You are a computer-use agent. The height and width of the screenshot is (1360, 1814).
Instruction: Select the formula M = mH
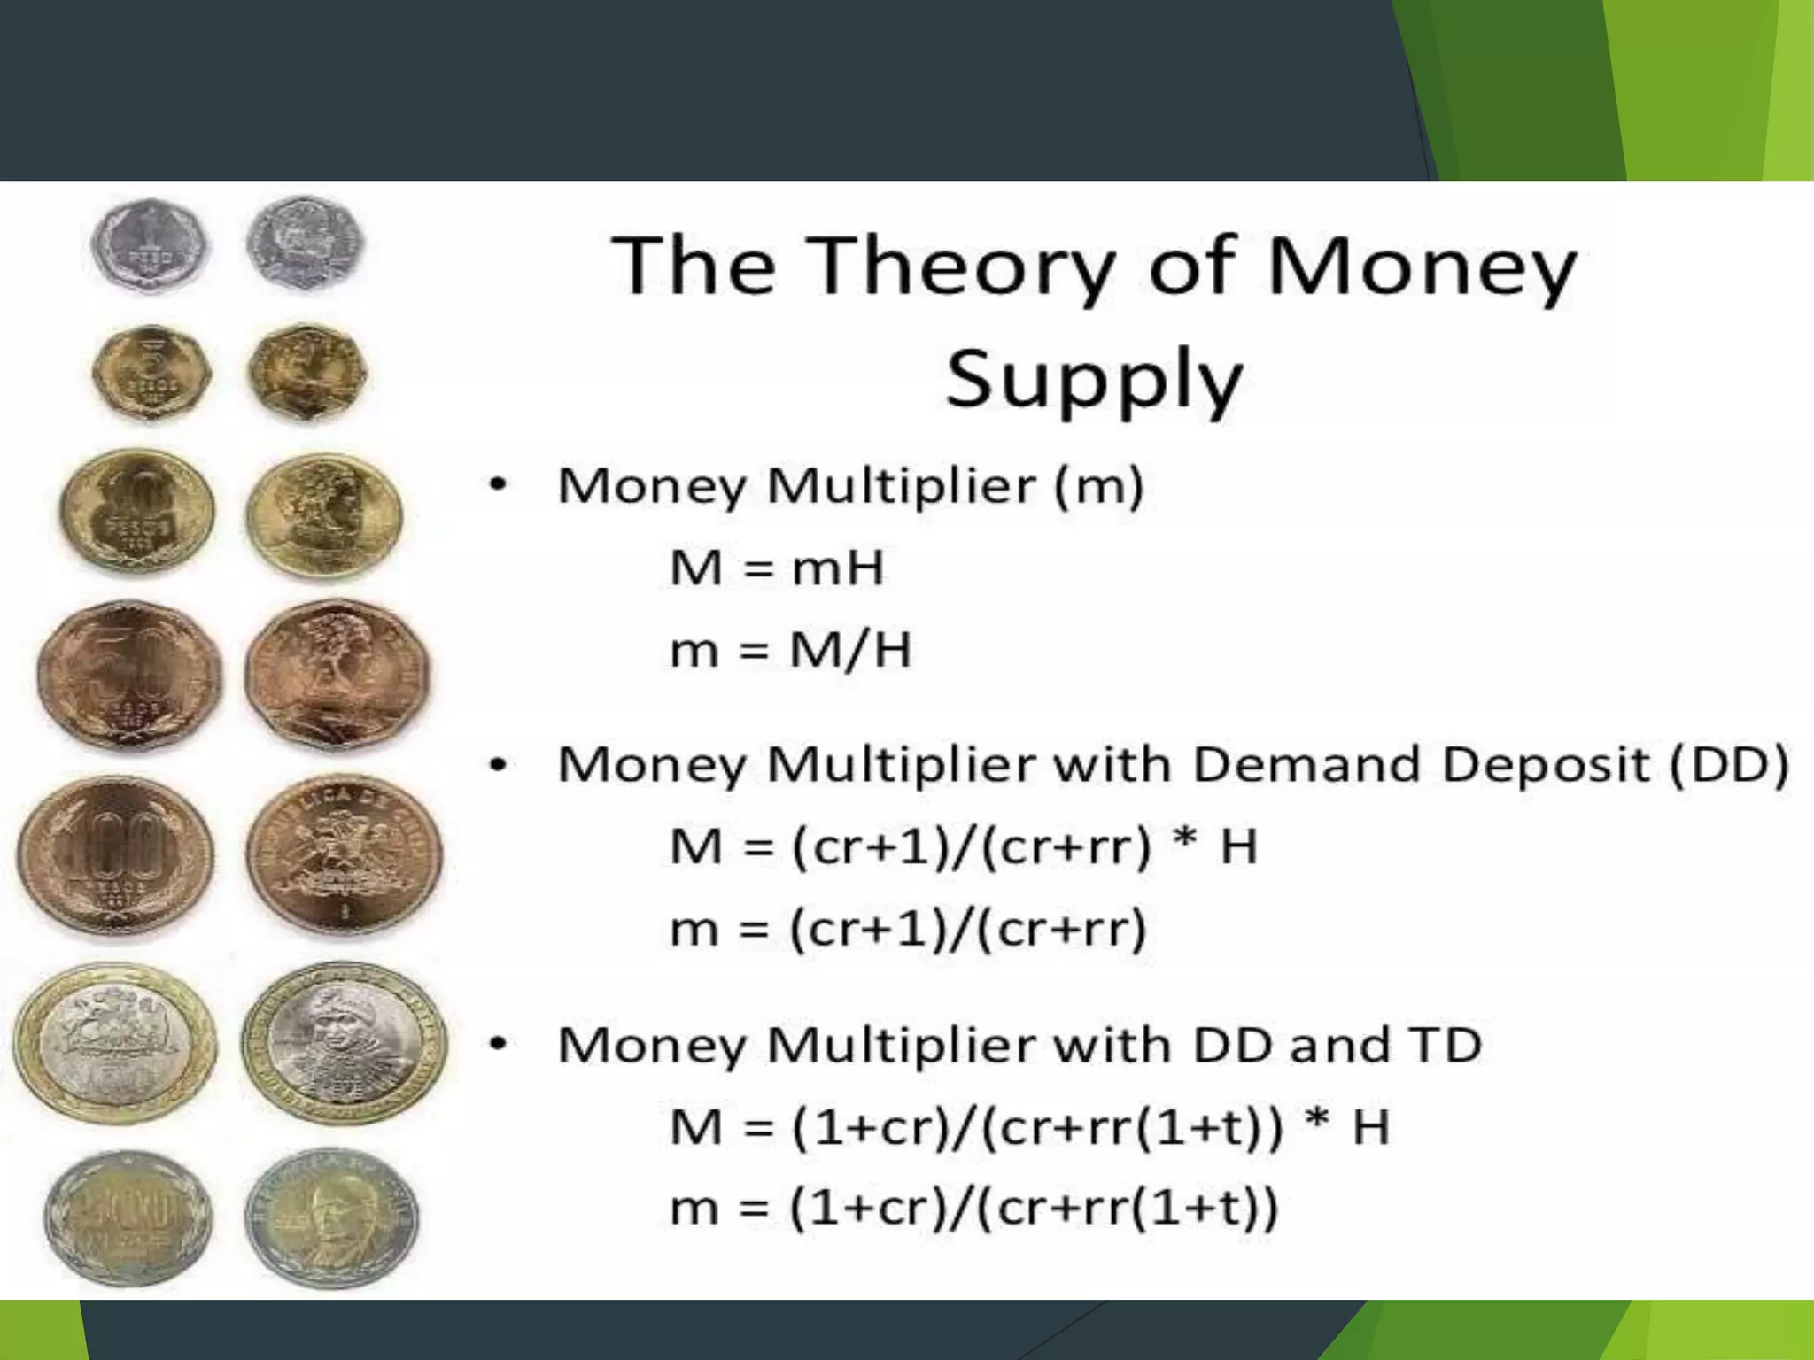tap(777, 568)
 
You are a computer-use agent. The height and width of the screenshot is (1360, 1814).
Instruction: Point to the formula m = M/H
tap(790, 650)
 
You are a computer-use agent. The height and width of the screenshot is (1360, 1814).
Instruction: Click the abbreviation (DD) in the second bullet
tap(1728, 765)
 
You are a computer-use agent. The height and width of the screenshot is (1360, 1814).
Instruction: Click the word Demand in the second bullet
tap(1306, 765)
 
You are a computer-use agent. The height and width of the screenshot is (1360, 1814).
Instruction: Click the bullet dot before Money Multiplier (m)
tap(499, 485)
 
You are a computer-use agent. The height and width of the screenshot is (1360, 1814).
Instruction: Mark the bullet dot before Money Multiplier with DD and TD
tap(499, 1046)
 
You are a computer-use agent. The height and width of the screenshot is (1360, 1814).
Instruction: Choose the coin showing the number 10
tap(137, 511)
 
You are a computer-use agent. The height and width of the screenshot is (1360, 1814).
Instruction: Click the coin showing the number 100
tap(115, 854)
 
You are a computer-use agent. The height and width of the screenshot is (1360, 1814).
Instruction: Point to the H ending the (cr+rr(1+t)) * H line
tap(1370, 1128)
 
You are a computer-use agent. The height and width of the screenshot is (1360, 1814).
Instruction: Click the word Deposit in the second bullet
tap(1547, 765)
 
